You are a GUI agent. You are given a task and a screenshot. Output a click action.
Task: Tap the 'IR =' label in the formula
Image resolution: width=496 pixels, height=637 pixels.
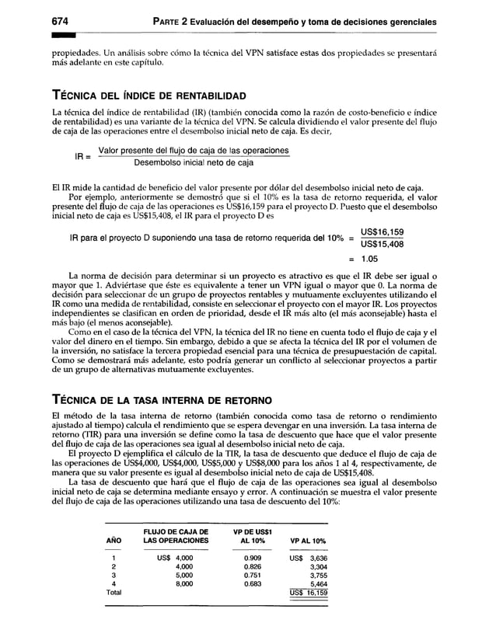[83, 156]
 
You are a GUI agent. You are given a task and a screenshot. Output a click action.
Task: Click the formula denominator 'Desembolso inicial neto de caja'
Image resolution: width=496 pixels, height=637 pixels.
[194, 163]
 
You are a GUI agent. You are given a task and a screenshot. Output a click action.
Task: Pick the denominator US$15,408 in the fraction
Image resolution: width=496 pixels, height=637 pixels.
[382, 245]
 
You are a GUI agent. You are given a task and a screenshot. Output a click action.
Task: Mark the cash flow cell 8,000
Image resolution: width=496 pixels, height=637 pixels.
[183, 583]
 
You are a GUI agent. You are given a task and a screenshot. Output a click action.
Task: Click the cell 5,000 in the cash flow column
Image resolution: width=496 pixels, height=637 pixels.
[183, 575]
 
